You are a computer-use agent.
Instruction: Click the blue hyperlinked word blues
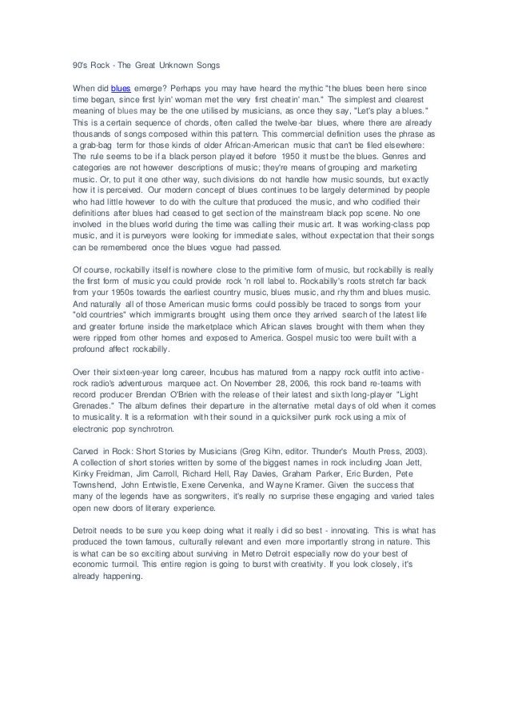[120, 86]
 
